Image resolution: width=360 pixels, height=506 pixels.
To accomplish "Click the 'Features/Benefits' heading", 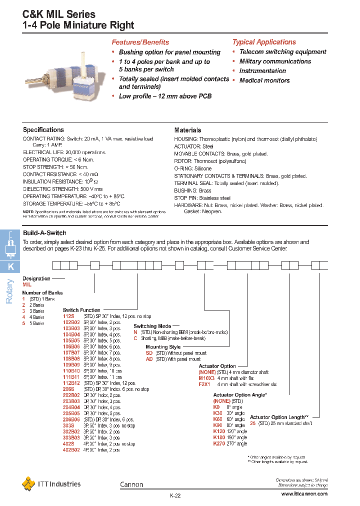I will (140, 42).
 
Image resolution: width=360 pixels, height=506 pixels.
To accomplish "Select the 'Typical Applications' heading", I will (264, 42).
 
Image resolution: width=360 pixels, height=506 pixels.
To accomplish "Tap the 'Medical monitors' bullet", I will (264, 80).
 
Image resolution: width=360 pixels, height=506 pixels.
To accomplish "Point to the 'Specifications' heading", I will (43, 130).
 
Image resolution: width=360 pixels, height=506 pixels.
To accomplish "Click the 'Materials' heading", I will (187, 130).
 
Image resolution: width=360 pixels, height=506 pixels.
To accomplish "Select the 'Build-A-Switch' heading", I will (44, 233).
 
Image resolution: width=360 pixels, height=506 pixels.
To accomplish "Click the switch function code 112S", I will (68, 316).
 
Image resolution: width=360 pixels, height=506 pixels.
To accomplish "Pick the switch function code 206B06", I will (71, 419).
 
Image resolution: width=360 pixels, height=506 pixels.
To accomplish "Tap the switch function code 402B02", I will (71, 450).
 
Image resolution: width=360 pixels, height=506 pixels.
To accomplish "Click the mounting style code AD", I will (149, 359).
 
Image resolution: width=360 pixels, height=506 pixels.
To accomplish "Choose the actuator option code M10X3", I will (206, 378).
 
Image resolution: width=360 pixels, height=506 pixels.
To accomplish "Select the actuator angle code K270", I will (219, 443).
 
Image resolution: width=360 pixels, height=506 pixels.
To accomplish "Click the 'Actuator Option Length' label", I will (278, 417).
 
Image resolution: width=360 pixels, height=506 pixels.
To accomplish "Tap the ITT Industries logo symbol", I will (28, 483).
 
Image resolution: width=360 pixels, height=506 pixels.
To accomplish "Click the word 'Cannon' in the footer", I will (131, 484).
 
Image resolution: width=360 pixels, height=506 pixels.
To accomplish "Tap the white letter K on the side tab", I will (10, 267).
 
